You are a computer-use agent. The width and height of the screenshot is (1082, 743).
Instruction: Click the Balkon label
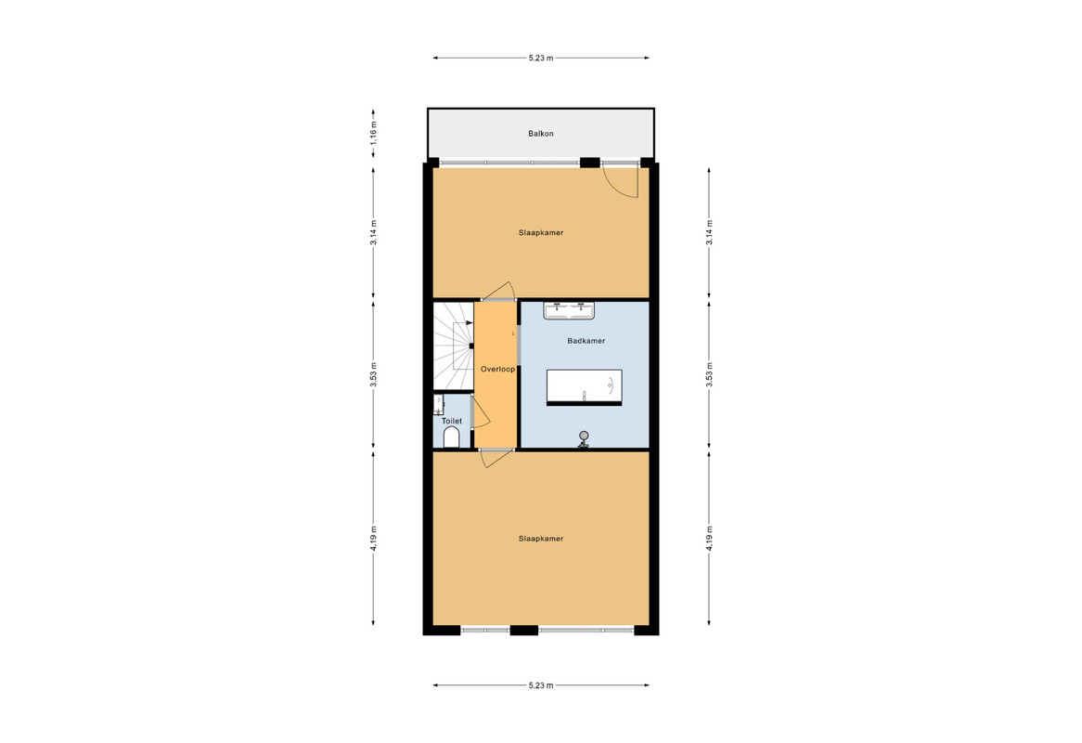click(541, 133)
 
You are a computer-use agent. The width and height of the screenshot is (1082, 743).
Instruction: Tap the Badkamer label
click(586, 341)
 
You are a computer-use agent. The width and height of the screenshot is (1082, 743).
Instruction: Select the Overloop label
click(497, 369)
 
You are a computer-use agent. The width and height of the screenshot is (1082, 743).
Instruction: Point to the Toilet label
click(452, 421)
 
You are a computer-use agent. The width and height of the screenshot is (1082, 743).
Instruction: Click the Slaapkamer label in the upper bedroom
click(541, 233)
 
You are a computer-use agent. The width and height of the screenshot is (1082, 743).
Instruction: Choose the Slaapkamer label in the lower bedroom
click(541, 539)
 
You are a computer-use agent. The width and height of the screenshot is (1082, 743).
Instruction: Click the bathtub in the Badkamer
click(585, 387)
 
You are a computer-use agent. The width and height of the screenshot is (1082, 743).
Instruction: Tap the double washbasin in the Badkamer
click(569, 311)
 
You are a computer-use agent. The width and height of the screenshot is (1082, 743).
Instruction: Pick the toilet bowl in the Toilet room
click(451, 437)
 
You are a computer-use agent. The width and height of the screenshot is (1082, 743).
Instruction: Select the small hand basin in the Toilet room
click(439, 404)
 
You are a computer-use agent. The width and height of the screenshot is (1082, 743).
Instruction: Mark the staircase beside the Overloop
click(453, 345)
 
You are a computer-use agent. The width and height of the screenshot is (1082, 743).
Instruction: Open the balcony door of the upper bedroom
click(621, 180)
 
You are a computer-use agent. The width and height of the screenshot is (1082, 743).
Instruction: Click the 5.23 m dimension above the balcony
click(541, 58)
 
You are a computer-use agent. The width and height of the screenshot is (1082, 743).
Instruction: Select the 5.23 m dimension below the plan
click(541, 685)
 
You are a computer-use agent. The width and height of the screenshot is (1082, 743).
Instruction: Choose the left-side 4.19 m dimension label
click(373, 539)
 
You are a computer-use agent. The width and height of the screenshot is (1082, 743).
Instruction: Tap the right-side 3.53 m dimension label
click(709, 375)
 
